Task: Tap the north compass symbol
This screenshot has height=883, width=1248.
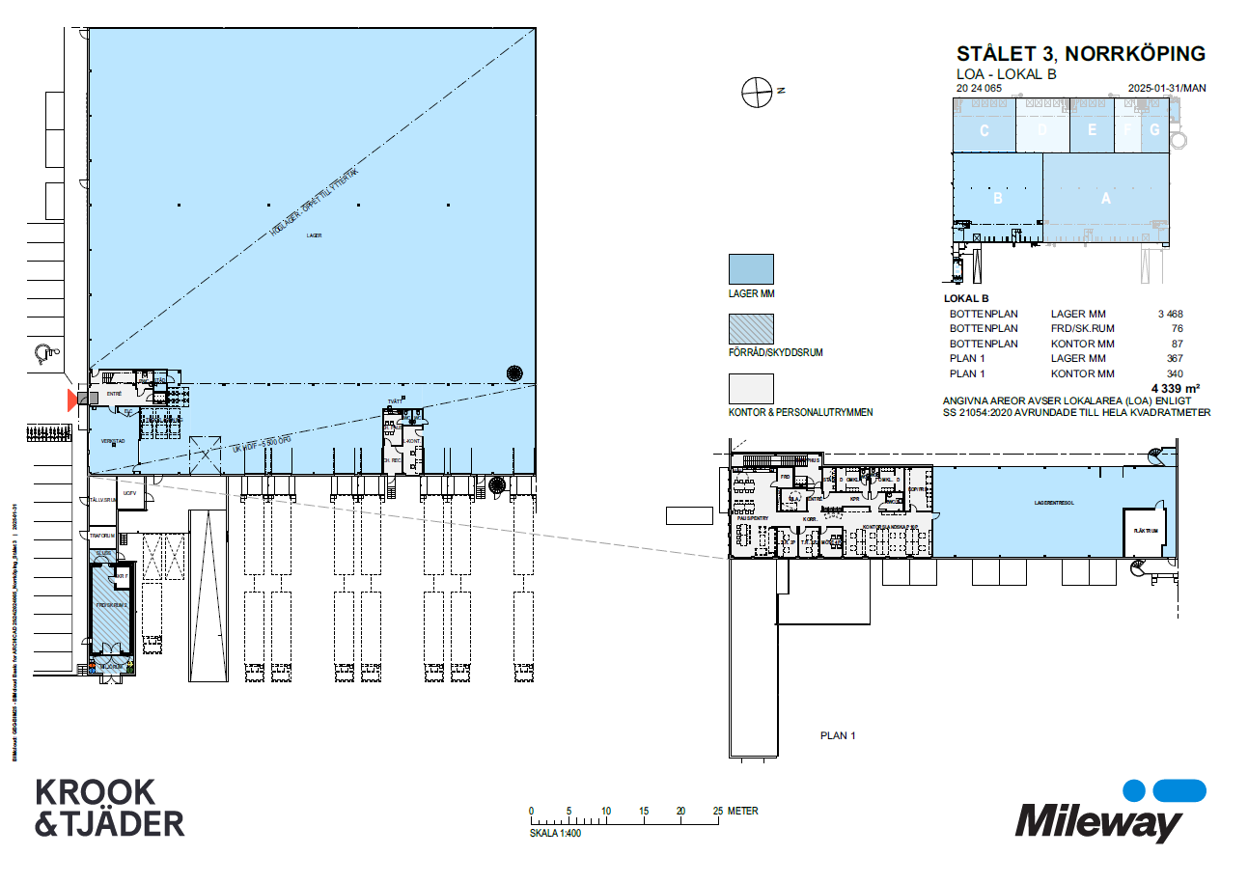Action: click(x=758, y=91)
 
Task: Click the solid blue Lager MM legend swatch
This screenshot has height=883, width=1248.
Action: click(x=750, y=269)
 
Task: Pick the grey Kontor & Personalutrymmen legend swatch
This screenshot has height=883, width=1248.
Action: click(x=750, y=388)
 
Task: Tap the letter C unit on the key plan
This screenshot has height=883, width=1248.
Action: click(x=984, y=131)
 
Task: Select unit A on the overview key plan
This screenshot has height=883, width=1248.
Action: click(x=1106, y=198)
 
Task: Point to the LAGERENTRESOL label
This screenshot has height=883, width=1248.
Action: click(x=1055, y=503)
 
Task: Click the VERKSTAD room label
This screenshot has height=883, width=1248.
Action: click(x=114, y=440)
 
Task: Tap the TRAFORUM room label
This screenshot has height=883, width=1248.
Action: click(x=102, y=536)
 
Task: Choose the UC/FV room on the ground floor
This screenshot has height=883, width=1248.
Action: click(x=129, y=493)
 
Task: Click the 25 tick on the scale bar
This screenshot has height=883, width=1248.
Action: click(x=717, y=811)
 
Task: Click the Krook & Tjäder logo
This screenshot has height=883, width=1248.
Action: click(x=109, y=807)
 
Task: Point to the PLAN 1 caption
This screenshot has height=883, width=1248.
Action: click(x=838, y=735)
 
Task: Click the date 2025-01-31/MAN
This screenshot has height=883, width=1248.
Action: click(x=1167, y=88)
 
